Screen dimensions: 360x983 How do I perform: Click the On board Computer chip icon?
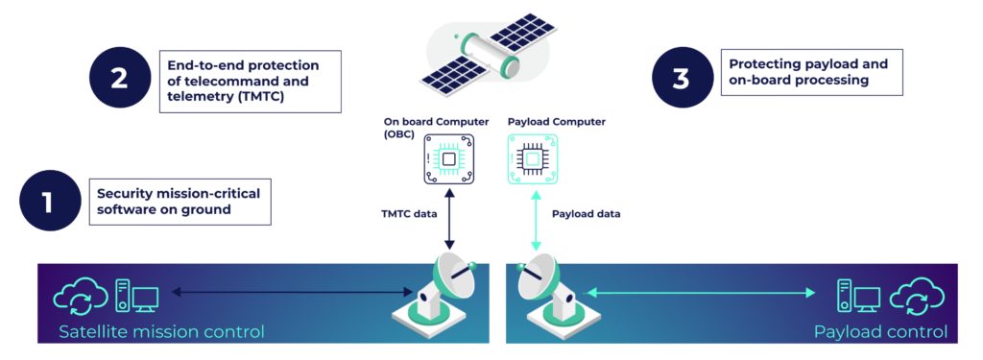point(447,159)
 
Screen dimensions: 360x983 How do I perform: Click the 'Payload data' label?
point(586,214)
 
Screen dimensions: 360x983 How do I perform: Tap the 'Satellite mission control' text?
point(161,332)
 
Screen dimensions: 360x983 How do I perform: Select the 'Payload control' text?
point(880,332)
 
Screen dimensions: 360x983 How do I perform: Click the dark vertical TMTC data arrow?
point(448,216)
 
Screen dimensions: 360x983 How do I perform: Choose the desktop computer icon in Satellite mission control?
point(136,296)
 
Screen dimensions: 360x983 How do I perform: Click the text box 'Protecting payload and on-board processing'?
point(811,73)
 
